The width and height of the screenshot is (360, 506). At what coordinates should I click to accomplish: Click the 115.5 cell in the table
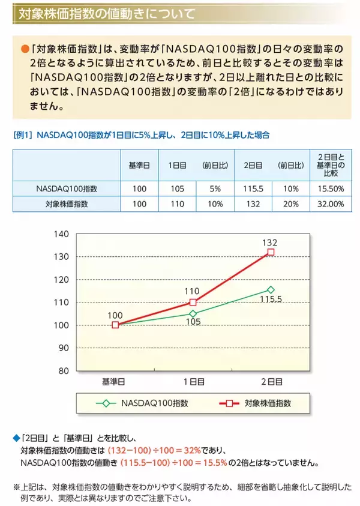(x=251, y=188)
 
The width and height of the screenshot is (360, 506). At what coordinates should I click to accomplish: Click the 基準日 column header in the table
(x=139, y=165)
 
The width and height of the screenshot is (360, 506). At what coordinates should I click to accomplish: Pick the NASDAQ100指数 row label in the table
(x=67, y=188)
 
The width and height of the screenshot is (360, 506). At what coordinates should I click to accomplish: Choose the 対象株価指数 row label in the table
(x=67, y=204)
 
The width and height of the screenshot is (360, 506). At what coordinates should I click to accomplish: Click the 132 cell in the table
(x=251, y=204)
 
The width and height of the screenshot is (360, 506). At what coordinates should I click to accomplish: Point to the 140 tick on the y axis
(x=61, y=233)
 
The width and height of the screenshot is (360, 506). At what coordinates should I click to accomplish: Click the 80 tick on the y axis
(x=63, y=370)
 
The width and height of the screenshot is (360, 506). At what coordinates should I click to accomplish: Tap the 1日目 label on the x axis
(x=193, y=381)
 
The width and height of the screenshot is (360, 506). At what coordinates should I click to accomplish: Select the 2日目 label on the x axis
(x=271, y=381)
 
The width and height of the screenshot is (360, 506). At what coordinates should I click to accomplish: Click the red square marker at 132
(x=271, y=252)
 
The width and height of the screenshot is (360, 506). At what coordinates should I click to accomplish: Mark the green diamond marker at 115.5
(x=271, y=289)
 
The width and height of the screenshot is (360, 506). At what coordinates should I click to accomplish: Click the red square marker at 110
(x=193, y=302)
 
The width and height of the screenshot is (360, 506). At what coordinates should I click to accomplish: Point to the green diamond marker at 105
(x=193, y=313)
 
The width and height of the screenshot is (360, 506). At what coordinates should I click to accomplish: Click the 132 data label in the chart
(x=271, y=242)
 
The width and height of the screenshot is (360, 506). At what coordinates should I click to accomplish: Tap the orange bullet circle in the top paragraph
(x=25, y=48)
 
